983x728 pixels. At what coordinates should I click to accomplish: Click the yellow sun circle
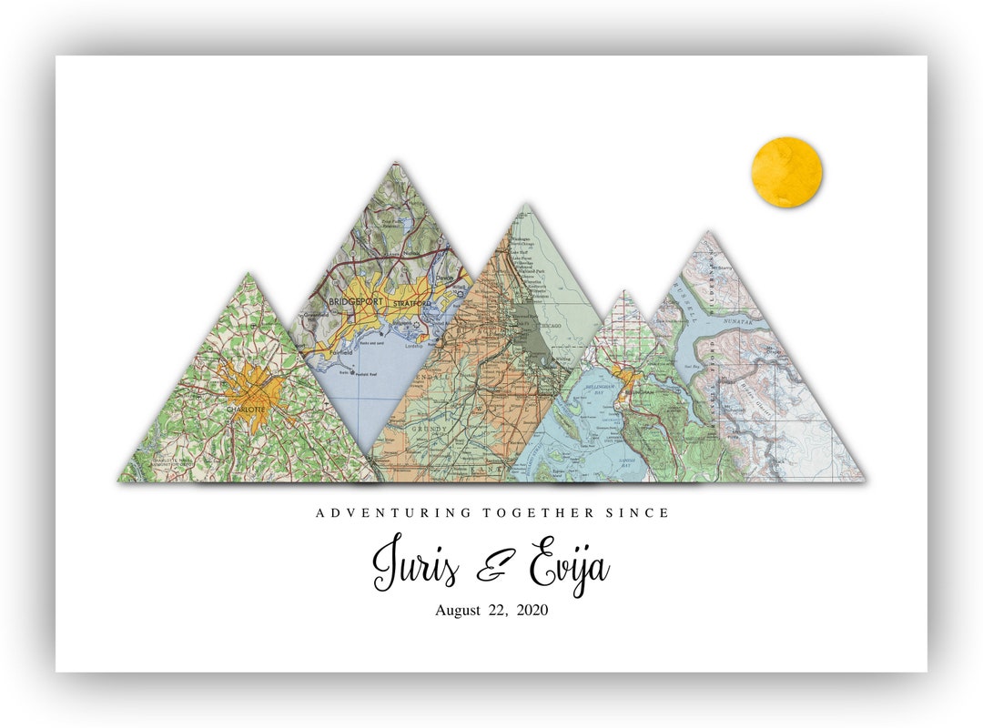tap(786, 172)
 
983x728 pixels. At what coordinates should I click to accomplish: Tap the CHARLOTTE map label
tap(246, 409)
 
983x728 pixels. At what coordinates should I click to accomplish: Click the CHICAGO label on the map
tap(549, 325)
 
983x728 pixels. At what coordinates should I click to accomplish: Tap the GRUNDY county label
tap(430, 427)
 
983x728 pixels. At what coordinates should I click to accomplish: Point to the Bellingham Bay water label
tap(601, 389)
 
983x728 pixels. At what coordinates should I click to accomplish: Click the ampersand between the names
tap(495, 569)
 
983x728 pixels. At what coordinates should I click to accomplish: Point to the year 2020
tap(532, 611)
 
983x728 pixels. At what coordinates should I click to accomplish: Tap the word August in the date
tap(458, 611)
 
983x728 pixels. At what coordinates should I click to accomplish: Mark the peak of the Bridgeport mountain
tap(394, 165)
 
